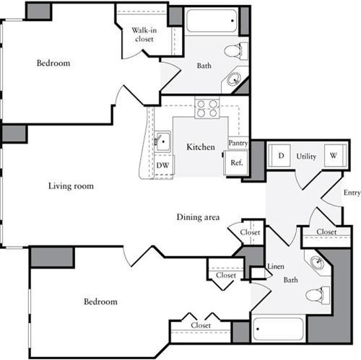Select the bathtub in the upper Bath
coord(212,20)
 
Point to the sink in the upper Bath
coord(235,79)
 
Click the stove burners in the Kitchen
coord(207,109)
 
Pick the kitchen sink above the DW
coord(162,141)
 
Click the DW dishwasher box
coord(162,164)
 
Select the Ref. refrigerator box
coord(236,163)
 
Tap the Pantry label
coord(238,143)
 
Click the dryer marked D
coord(280,156)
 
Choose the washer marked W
coord(334,156)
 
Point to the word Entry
coord(352,193)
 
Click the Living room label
coord(71,186)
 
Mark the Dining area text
coord(198,217)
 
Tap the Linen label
coord(276,267)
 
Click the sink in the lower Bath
coord(316,263)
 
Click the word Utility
coord(306,156)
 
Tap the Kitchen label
coord(201,147)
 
